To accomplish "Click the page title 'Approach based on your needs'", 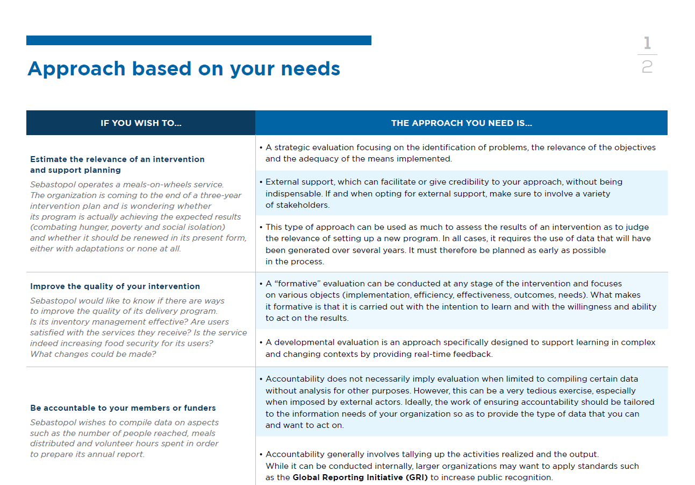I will point(183,69).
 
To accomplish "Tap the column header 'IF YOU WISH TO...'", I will point(141,123).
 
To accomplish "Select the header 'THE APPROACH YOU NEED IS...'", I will point(461,123).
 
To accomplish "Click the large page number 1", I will point(647,43).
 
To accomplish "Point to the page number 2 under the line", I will point(647,67).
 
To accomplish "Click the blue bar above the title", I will point(198,40).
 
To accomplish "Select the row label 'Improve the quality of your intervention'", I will point(115,286).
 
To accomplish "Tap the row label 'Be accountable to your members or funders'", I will point(123,408).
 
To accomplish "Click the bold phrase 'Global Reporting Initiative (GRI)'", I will point(360,477).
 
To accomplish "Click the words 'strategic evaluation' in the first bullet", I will point(314,147).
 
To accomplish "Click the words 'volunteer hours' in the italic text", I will point(147,444).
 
